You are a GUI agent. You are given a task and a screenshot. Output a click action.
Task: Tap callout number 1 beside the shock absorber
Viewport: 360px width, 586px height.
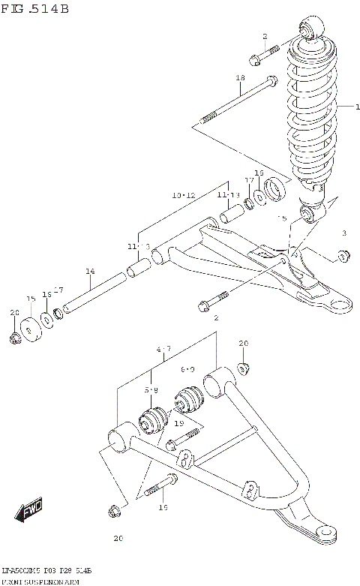[x=347, y=107]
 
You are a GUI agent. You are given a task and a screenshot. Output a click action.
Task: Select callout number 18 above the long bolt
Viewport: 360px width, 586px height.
[x=241, y=78]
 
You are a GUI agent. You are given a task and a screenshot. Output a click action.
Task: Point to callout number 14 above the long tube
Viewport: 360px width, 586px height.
[x=89, y=271]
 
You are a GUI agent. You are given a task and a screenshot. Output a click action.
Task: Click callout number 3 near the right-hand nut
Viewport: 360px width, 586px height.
[x=343, y=233]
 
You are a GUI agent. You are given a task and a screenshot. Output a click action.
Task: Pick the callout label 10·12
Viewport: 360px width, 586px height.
[x=183, y=195]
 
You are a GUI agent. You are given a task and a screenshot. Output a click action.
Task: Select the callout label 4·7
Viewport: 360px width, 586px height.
[x=164, y=349]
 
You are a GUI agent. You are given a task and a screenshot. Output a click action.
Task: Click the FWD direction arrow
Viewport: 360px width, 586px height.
[x=28, y=513]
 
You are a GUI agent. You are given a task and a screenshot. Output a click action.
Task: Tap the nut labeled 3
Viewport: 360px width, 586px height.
[x=342, y=257]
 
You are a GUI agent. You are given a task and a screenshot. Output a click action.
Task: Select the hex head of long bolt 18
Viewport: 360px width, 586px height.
[x=271, y=84]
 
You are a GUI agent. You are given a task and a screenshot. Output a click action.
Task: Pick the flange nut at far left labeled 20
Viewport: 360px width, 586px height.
[x=15, y=339]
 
